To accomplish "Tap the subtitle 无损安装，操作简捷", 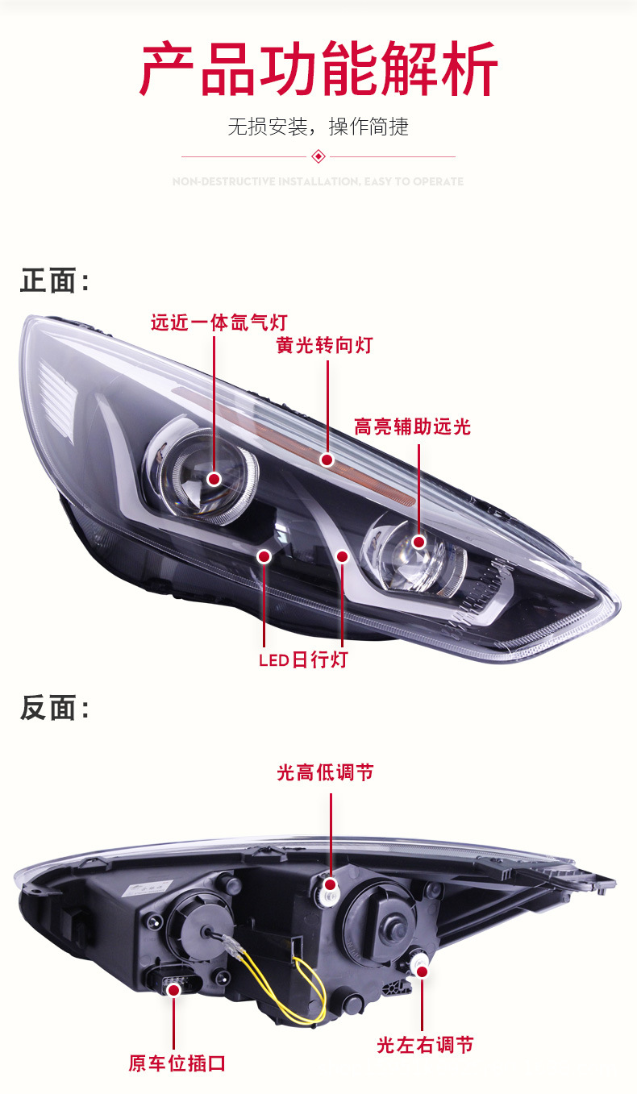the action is [318, 127].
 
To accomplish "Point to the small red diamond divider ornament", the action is [318, 156].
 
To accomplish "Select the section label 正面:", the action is [55, 281].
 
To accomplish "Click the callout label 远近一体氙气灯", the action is [219, 322].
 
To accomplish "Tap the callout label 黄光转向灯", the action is [325, 345].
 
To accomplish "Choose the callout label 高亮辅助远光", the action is [412, 426].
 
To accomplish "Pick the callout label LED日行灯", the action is [302, 659].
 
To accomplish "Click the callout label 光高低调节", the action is [325, 772].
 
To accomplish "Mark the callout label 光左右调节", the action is [425, 1045].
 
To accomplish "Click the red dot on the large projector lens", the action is [214, 479].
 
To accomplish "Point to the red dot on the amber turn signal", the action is [327, 460].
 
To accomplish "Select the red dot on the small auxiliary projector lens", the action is [418, 542].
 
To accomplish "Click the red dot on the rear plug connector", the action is [173, 989].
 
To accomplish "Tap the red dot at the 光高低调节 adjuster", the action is [330, 884].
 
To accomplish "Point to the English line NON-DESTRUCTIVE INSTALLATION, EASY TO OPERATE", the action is [318, 181].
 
